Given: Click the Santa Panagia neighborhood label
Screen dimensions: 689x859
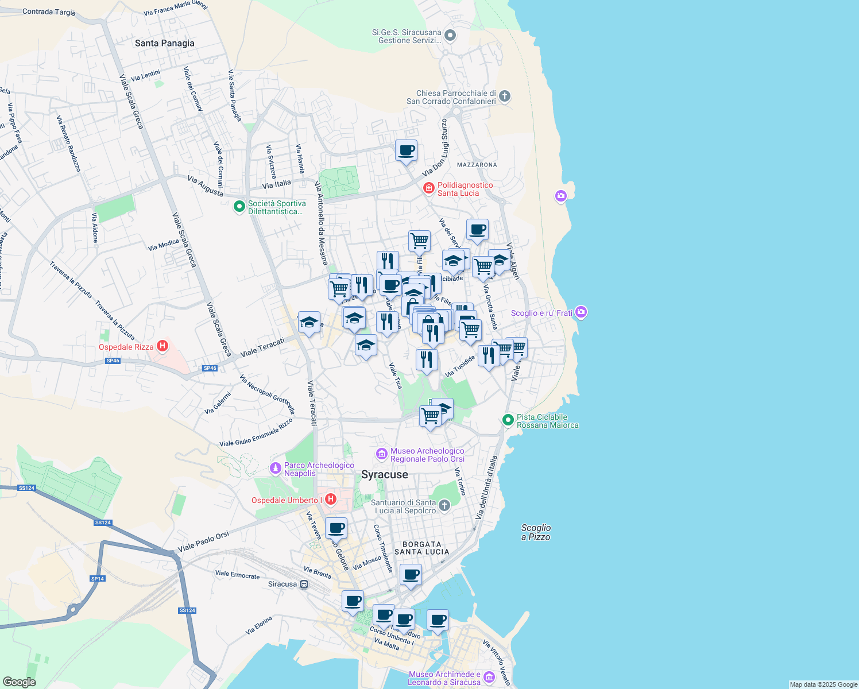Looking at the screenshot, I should point(164,43).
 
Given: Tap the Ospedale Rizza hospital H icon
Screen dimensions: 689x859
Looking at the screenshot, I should point(162,346).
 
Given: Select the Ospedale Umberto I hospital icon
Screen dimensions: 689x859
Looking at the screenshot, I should point(330,500).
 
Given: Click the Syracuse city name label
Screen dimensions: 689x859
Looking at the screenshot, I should point(384,475).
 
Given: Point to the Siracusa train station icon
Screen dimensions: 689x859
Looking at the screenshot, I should point(304,585).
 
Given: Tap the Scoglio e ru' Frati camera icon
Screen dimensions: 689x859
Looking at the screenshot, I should point(581,312).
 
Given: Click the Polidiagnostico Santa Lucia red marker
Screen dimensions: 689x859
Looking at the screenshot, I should point(428,188).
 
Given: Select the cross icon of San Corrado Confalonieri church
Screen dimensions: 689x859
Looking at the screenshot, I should point(505,96).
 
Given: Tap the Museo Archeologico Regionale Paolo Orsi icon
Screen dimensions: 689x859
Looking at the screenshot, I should point(381,454).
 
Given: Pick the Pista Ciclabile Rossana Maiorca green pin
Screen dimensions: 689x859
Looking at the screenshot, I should point(508,420).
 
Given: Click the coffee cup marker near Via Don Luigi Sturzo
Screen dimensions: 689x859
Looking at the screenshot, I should point(406,151).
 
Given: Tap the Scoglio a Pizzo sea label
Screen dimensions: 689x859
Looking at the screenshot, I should point(536,532).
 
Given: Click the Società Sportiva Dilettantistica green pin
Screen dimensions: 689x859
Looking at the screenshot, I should point(239,207).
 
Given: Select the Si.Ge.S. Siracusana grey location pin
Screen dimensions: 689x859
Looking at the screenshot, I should point(450,36).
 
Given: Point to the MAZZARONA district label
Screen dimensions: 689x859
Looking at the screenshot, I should point(477,165).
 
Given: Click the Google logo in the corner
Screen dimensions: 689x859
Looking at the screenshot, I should point(19,682).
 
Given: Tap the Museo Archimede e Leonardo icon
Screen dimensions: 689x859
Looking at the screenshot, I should point(489,678).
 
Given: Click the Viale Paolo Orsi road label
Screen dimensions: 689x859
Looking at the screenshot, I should point(203,542).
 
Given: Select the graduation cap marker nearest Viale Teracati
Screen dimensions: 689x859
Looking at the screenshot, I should point(309,323).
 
